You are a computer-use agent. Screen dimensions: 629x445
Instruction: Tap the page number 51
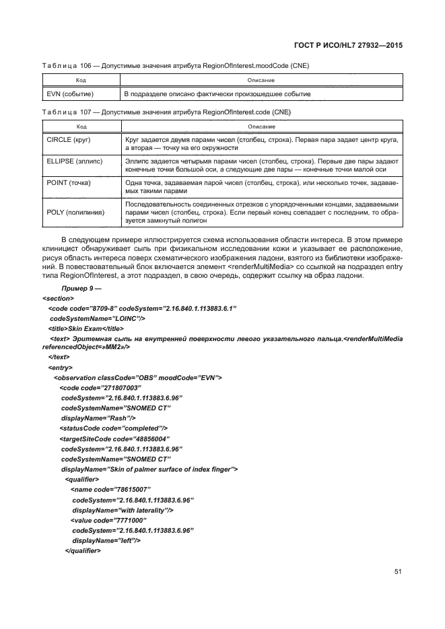click(398, 572)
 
